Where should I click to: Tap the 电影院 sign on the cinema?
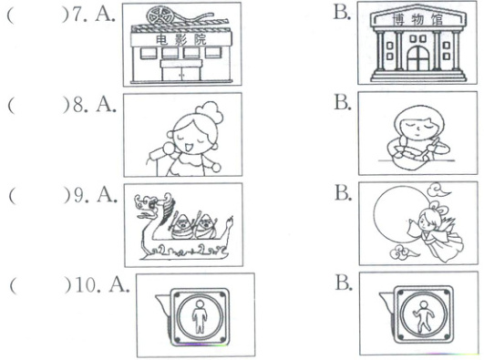(180, 39)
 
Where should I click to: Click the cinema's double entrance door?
(181, 74)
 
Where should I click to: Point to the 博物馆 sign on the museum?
(417, 20)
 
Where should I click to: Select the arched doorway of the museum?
(418, 58)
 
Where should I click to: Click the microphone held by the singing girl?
(161, 150)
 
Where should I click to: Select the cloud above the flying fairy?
(439, 190)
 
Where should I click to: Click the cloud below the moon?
(402, 252)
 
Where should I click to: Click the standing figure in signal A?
(200, 316)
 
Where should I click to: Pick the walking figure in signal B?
(423, 317)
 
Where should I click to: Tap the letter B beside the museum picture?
(342, 13)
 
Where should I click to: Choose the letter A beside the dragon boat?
(108, 194)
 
